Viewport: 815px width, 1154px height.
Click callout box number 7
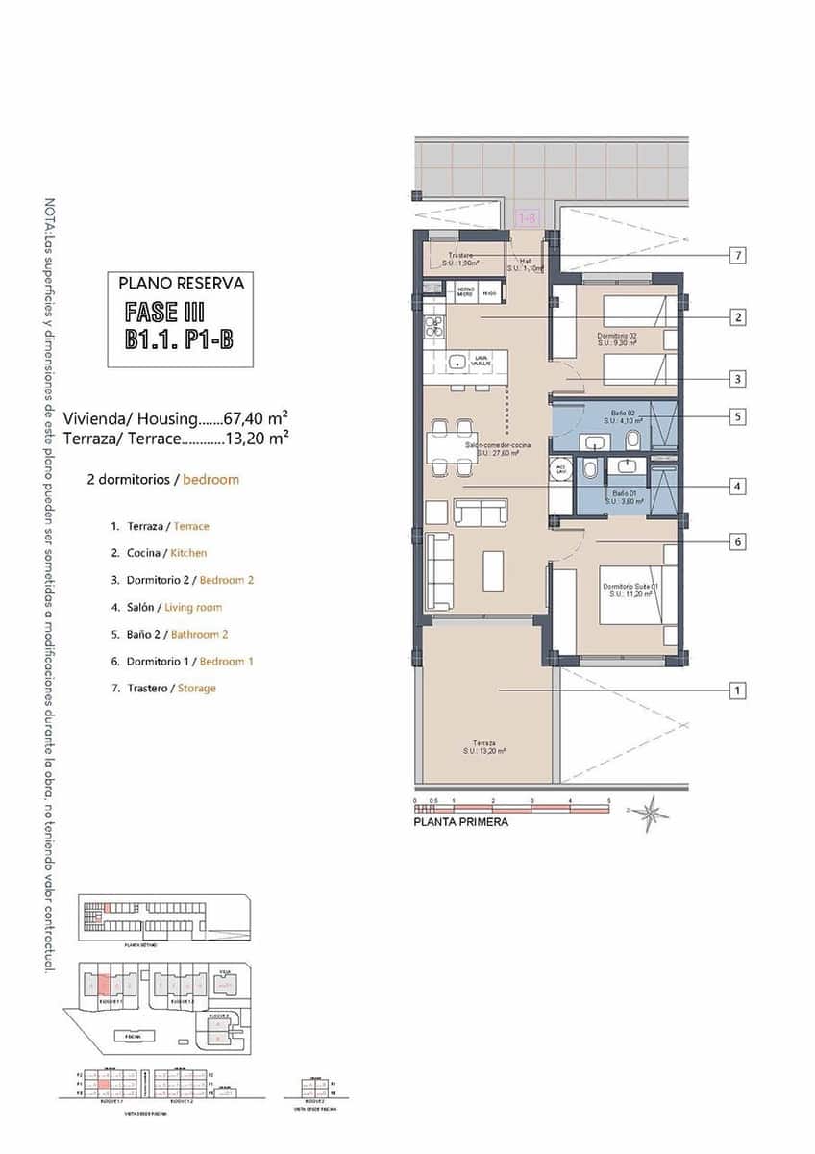(x=737, y=256)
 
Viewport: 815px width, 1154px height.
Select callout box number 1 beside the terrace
(x=737, y=690)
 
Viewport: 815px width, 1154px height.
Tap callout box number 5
(x=737, y=417)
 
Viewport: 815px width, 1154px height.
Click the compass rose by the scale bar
(x=654, y=814)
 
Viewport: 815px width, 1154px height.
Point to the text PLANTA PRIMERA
(x=460, y=823)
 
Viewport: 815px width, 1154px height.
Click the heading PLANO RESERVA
(x=181, y=284)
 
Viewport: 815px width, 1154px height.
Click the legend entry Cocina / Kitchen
(x=159, y=553)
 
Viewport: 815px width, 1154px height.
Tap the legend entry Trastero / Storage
(x=163, y=689)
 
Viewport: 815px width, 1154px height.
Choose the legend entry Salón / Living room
(x=166, y=607)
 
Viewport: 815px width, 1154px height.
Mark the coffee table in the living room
(x=492, y=569)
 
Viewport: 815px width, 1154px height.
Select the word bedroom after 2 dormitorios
(x=211, y=479)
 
